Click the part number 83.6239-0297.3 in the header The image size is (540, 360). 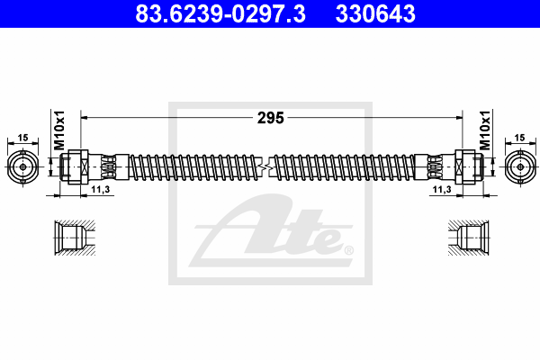tap(220, 13)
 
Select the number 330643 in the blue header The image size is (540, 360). tap(375, 13)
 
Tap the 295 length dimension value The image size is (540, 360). tap(271, 118)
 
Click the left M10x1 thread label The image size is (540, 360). tap(59, 130)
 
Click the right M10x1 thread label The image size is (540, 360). tap(485, 130)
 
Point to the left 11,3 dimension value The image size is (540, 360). tap(101, 189)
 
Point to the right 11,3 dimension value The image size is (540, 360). tap(442, 189)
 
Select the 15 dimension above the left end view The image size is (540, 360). tap(22, 138)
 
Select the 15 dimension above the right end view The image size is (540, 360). tap(519, 138)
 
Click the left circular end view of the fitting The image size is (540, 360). tap(22, 167)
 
